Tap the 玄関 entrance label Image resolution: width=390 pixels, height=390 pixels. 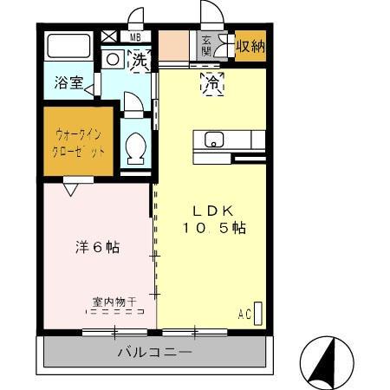208,45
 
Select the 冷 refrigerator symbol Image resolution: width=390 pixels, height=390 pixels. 211,83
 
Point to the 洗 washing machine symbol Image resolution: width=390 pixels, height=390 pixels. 139,61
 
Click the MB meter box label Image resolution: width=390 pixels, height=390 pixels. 135,37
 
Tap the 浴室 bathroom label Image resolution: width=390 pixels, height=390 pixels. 68,86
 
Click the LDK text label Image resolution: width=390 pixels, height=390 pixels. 212,211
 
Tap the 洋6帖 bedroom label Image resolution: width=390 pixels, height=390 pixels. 95,248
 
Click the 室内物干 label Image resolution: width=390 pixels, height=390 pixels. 115,302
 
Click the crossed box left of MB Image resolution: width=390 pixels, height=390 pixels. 109,36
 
